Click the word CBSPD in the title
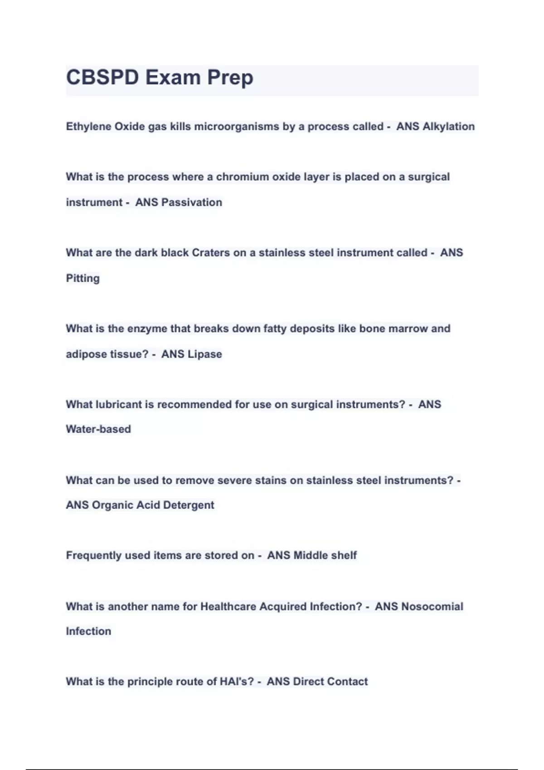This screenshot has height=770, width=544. [x=102, y=77]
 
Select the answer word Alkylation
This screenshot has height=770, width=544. [x=448, y=126]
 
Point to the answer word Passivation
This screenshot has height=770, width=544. [x=192, y=202]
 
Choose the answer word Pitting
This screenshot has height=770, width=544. [x=83, y=278]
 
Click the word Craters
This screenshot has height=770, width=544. [x=211, y=252]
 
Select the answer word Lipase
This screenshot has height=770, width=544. [x=204, y=354]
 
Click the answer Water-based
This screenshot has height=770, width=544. [x=98, y=429]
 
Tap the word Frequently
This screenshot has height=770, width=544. [x=93, y=555]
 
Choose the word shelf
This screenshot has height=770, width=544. [x=344, y=555]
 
